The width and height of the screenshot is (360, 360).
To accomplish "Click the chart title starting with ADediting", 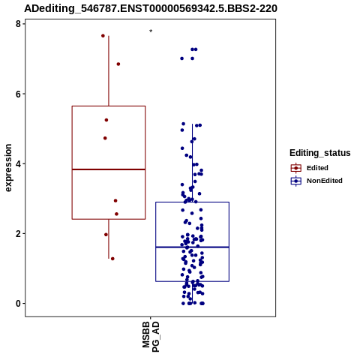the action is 151,8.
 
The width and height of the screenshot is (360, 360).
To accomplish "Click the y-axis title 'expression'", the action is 8,168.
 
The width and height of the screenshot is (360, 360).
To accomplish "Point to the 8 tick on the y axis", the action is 18,24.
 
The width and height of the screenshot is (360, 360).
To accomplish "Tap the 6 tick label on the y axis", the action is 18,94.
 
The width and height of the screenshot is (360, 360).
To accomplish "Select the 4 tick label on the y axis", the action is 18,163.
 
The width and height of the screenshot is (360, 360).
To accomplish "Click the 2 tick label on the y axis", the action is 18,234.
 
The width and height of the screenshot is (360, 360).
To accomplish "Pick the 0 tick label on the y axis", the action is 18,304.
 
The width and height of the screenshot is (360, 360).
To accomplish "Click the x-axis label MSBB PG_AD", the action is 151,337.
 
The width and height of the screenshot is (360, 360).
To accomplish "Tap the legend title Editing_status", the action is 320,153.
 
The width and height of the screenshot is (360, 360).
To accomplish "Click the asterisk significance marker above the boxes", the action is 151,31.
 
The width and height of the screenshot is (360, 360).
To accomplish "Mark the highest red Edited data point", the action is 103,36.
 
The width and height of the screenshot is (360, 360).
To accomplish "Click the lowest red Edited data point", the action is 112,259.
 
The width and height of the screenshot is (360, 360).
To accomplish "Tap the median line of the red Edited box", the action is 109,169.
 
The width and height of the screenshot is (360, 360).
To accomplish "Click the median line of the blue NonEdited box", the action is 192,247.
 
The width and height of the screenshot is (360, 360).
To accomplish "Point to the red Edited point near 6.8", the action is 118,64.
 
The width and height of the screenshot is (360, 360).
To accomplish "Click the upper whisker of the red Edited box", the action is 109,71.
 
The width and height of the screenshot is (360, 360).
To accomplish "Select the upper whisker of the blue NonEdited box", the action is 192,163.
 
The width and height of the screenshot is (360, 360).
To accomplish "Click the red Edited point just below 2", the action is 106,235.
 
